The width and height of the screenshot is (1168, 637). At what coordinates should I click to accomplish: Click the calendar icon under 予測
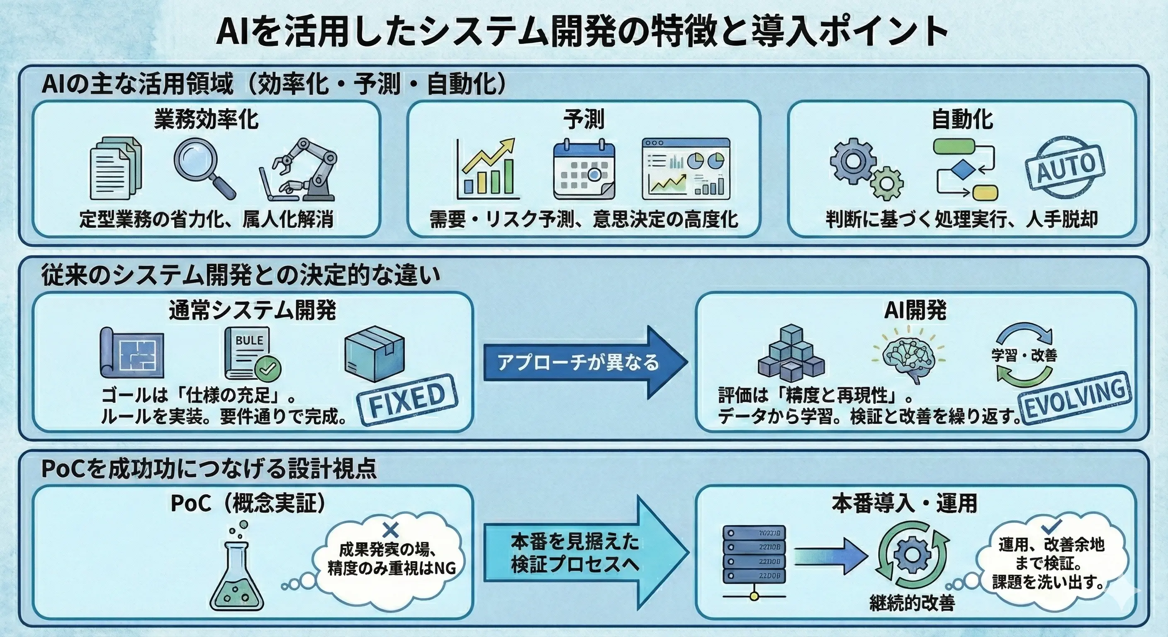584,170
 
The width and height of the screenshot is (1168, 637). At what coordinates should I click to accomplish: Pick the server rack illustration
754,562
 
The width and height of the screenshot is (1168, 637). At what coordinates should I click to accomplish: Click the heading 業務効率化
206,120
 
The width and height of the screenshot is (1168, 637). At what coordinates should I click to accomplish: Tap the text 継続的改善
912,603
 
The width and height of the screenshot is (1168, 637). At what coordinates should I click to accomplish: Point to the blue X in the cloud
390,530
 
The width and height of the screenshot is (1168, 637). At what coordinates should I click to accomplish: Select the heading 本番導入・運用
904,503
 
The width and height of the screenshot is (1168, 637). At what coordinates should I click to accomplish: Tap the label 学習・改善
1024,355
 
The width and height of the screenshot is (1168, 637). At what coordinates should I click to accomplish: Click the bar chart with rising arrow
488,169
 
